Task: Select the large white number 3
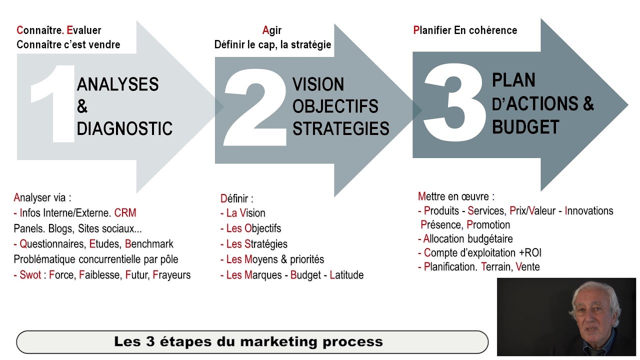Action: point(454,102)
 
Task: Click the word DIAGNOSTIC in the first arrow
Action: point(124,128)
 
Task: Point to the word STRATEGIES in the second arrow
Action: point(340,128)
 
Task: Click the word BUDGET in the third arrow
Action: point(518,127)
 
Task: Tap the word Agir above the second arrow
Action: point(272,30)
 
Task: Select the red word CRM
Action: point(125,213)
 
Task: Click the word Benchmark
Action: point(149,244)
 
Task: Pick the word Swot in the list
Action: point(30,275)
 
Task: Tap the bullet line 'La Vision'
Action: point(245,213)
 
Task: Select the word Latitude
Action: point(346,275)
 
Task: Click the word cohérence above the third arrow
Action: point(492,30)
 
